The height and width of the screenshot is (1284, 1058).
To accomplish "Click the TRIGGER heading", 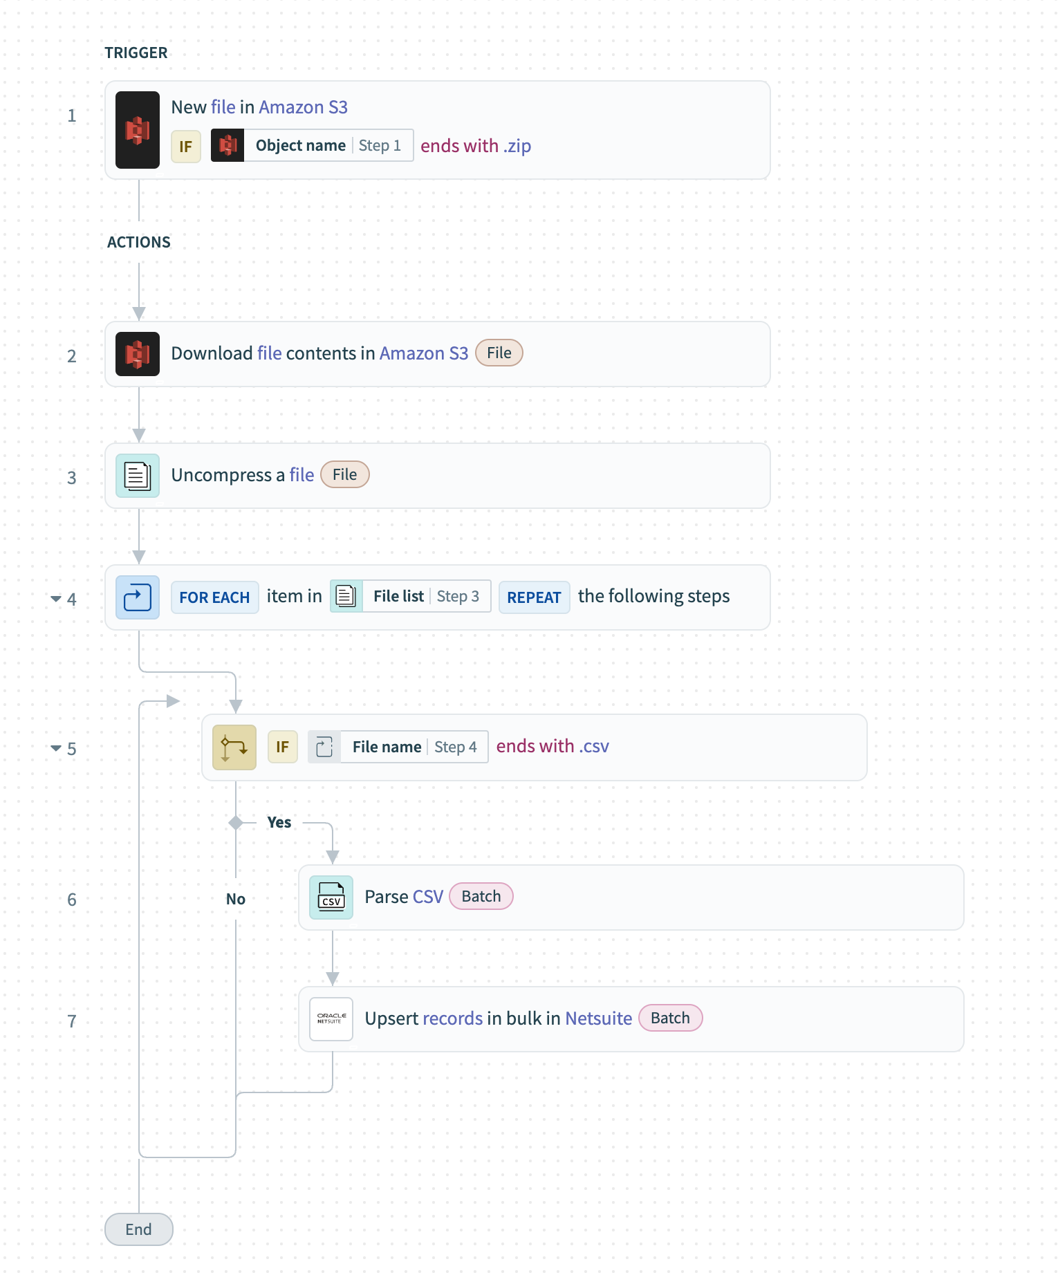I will pos(136,53).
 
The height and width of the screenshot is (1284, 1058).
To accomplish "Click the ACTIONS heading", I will pos(139,243).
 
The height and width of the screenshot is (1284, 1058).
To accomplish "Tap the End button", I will pos(138,1229).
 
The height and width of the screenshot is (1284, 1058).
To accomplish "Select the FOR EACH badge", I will pos(214,597).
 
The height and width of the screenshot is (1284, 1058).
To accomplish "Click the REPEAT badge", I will pos(534,597).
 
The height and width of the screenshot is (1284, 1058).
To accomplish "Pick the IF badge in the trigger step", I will pos(186,147).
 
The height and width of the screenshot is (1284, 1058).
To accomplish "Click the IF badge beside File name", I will pos(283,747).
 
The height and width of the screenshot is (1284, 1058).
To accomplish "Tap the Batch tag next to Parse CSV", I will pos(481,897).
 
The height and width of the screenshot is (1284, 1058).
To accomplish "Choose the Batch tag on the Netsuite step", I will pos(670,1018).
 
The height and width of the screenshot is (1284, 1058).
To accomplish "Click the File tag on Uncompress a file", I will pos(344,475).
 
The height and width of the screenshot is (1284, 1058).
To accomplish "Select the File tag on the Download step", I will pos(499,353).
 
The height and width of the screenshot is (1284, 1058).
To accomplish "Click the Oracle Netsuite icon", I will pos(331,1019).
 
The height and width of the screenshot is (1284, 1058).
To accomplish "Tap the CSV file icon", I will pos(331,897).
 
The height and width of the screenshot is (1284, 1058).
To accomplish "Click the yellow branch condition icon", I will pos(234,747).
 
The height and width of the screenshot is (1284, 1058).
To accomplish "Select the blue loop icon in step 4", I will pos(138,597).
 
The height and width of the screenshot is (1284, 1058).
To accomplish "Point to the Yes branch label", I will pos(279,823).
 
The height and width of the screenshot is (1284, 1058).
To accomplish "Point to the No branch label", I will pos(236,900).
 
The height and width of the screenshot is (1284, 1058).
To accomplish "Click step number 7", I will pos(72,1021).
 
